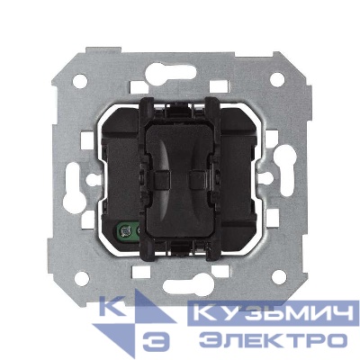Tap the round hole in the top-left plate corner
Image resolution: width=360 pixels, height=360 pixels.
point(80,81)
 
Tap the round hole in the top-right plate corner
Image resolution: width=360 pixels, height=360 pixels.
point(277,79)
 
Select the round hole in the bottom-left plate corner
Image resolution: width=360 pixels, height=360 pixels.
point(82,278)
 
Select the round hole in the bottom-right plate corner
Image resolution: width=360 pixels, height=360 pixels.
point(279,277)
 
